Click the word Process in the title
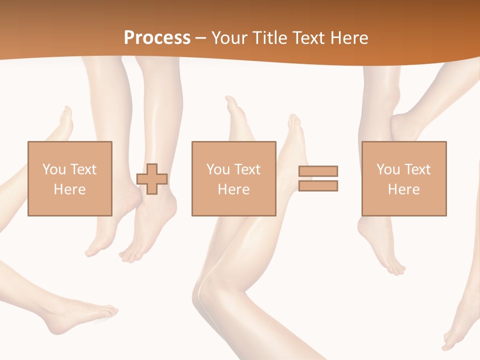(x=157, y=38)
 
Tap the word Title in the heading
(x=271, y=38)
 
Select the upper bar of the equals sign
(x=318, y=171)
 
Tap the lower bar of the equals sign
(x=318, y=186)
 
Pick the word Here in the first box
(x=69, y=189)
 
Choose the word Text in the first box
(x=82, y=169)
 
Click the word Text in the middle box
(x=247, y=169)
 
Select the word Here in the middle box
(x=233, y=189)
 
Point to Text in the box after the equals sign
(x=417, y=169)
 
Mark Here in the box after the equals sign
(x=403, y=189)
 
